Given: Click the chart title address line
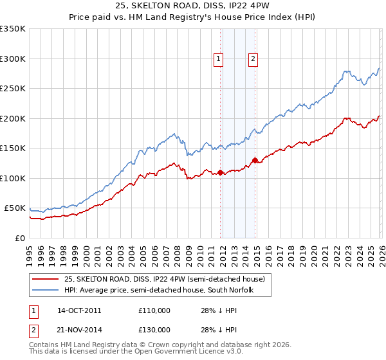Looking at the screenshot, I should pyautogui.click(x=192, y=6).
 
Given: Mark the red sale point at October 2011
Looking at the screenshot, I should pyautogui.click(x=220, y=172).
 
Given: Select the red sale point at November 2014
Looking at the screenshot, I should pyautogui.click(x=255, y=160).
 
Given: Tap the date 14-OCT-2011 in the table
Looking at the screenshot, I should pyautogui.click(x=79, y=310).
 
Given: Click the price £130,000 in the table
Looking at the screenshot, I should pyautogui.click(x=154, y=330).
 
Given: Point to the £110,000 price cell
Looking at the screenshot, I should pyautogui.click(x=154, y=310).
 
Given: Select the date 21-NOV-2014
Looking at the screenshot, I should pyautogui.click(x=79, y=330).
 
